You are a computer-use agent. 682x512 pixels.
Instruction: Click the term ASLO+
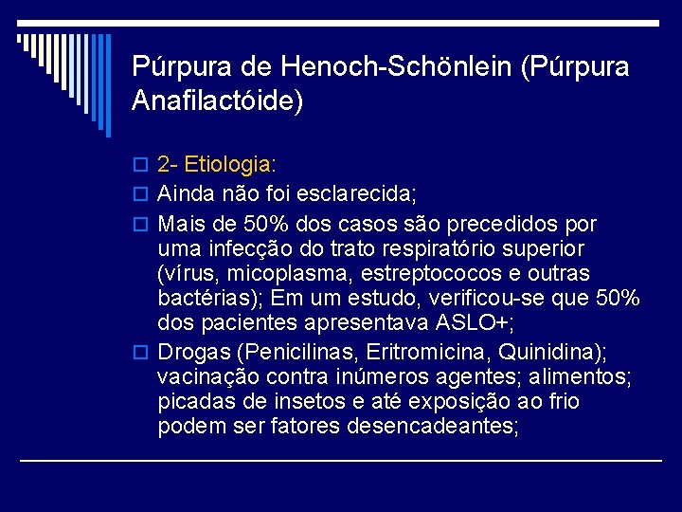point(471,322)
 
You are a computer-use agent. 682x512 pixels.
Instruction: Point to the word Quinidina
point(553,353)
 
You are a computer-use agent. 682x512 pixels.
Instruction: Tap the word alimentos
point(580,377)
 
